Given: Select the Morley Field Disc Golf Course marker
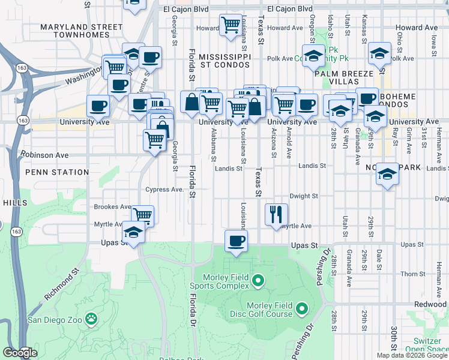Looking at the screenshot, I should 301,310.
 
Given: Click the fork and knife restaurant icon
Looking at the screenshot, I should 277,214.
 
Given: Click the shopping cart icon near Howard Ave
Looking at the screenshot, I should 231,26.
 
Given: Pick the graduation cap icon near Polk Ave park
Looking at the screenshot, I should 312,55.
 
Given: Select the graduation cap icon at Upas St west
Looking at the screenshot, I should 133,233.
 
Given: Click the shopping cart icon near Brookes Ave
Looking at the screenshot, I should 143,215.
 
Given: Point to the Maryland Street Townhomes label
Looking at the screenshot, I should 81,31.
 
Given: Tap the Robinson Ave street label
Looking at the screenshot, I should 45,155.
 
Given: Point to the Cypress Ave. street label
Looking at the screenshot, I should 164,190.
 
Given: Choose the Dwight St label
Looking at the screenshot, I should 303,196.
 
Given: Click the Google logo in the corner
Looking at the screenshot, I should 20,353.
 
